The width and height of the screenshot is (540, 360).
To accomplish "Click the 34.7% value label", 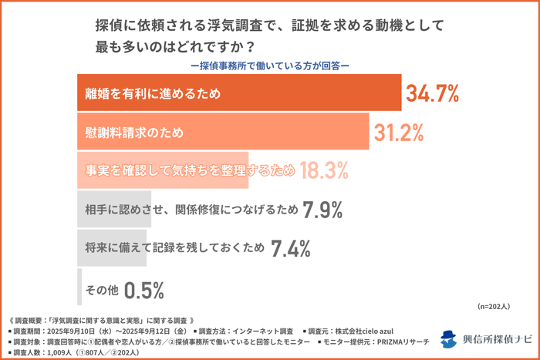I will point(433,94).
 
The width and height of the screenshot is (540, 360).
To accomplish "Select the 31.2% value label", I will point(399,133).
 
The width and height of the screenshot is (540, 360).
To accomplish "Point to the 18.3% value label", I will point(325,170).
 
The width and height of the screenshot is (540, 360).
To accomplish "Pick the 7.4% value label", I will point(291,248).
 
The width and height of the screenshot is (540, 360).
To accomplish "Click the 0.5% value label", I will point(144,290).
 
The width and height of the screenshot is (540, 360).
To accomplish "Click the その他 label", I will point(102,290).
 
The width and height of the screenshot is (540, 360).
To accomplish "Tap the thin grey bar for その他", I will point(79,287).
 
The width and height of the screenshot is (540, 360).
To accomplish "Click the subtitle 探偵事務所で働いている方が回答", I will point(269,65).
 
